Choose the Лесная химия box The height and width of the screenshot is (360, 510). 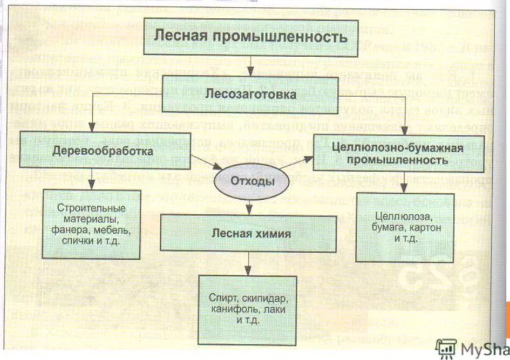pos(251,234)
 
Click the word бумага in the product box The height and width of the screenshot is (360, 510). pos(389,228)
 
